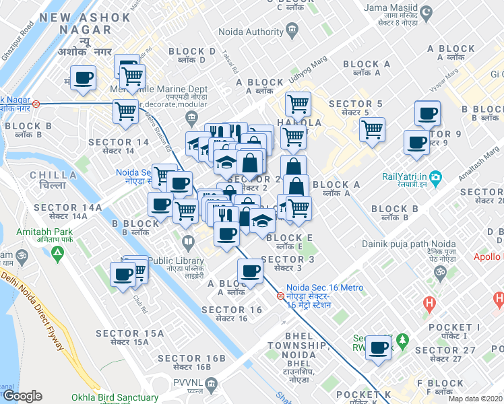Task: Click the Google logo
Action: (x=22, y=396)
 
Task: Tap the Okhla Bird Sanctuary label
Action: (x=119, y=397)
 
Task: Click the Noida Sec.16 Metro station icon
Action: (x=280, y=296)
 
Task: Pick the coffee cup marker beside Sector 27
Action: (x=379, y=347)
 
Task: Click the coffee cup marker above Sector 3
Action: (x=251, y=270)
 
